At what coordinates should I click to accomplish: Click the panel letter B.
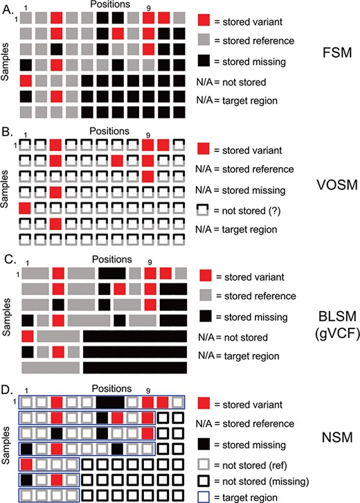coord(8,132)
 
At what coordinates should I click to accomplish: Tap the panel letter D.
coord(8,387)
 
